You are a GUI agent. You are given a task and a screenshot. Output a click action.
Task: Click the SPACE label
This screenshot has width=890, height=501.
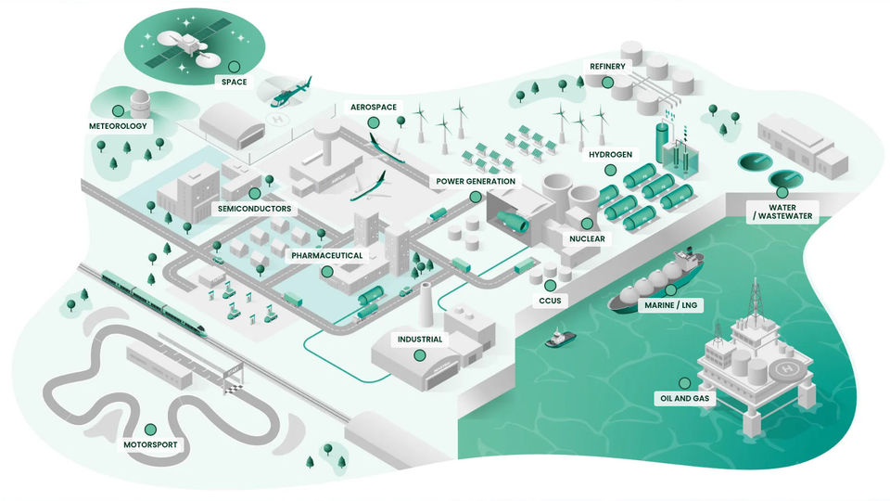coord(233,82)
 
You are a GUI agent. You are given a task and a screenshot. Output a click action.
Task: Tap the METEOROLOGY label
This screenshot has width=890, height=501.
coord(118,126)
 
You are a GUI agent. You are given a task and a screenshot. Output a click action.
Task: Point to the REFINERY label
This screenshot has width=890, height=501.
coord(607,67)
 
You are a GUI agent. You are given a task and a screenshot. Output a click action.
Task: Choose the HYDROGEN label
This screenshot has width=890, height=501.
coord(610,155)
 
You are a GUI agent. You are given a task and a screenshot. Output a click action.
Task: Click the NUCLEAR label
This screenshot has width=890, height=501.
coord(587,238)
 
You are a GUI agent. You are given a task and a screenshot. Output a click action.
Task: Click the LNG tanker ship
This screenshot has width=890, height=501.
coord(655,283)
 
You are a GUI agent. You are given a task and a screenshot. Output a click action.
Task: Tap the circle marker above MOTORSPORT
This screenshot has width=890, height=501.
coord(149,430)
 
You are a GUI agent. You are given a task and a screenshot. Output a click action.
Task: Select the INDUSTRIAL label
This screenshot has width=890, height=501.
coord(419,340)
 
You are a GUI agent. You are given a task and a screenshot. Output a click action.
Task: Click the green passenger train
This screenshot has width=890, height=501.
coord(148,297)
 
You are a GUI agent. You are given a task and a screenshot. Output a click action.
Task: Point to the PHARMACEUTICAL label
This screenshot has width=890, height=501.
coord(326,255)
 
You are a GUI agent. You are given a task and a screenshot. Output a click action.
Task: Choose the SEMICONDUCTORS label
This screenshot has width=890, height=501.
coord(254,209)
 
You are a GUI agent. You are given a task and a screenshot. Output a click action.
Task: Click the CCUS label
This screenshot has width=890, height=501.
coord(550,301)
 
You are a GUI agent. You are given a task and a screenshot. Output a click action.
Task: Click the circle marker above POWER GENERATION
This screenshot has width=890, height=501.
coord(476,197)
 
